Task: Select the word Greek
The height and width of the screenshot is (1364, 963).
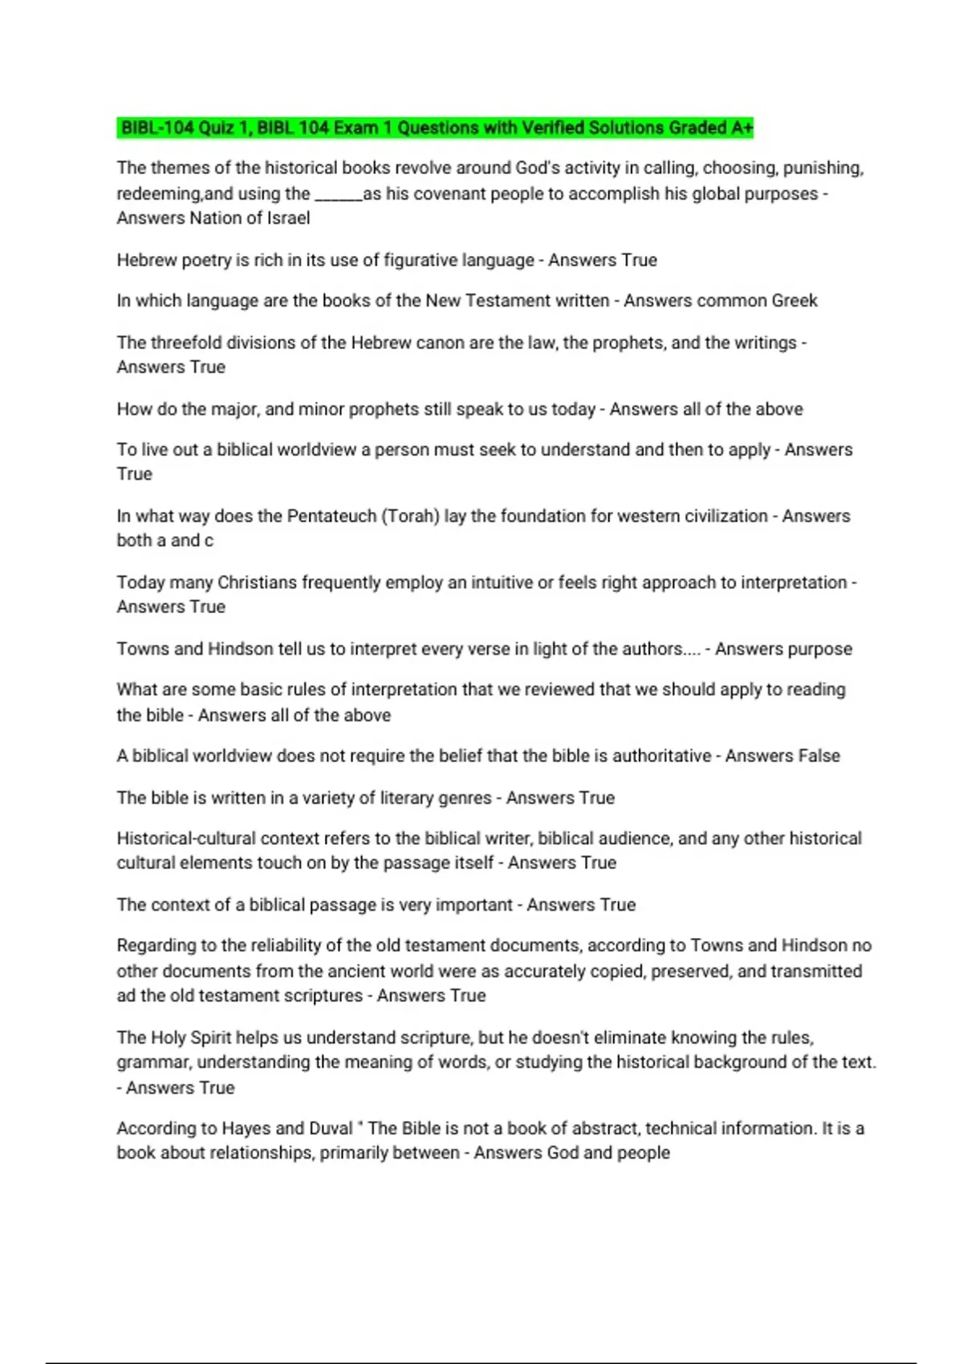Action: [794, 301]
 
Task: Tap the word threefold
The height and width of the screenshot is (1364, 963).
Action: [184, 343]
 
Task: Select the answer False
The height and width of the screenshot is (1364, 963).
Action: [818, 756]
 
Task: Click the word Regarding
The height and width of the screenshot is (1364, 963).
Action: [156, 946]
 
